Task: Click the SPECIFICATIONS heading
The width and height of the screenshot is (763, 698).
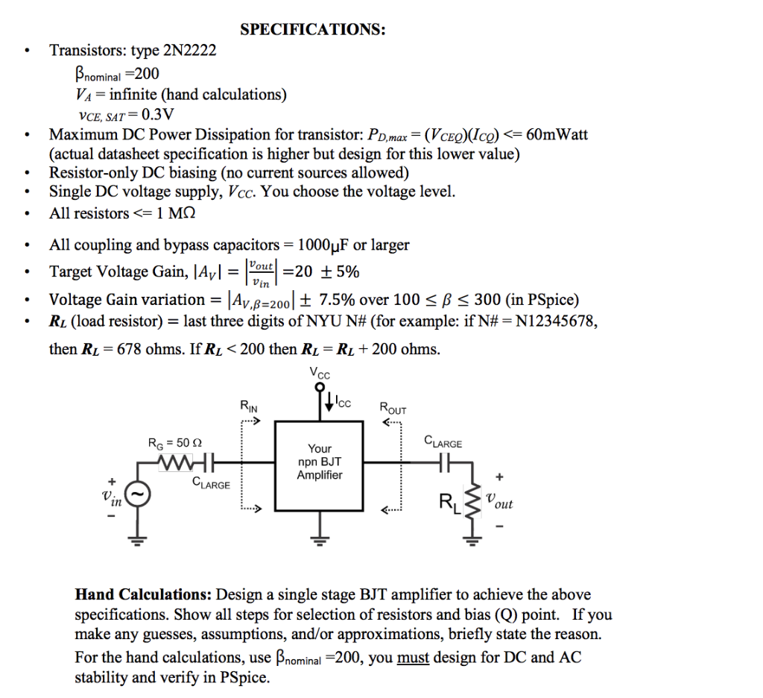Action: click(313, 30)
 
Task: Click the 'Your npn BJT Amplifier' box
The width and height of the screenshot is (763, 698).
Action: click(319, 462)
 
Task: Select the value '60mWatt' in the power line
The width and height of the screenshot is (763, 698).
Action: click(557, 135)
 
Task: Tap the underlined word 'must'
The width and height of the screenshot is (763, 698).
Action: click(413, 658)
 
